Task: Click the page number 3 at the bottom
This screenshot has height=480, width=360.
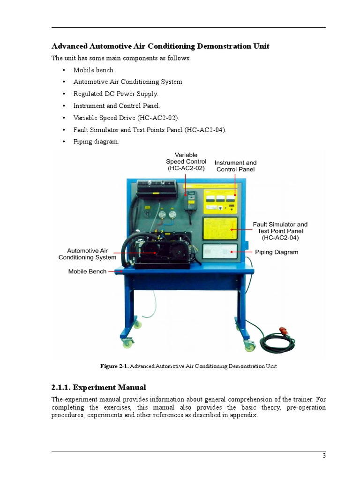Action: pyautogui.click(x=323, y=456)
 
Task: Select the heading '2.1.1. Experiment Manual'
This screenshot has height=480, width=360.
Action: pyautogui.click(x=98, y=388)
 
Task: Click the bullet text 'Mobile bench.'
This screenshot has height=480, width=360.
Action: pyautogui.click(x=94, y=70)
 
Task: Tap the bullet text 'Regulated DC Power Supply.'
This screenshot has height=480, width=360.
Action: pyautogui.click(x=115, y=94)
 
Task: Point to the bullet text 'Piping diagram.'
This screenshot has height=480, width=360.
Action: pyautogui.click(x=96, y=142)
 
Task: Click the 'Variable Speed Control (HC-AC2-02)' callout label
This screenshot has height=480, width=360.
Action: pyautogui.click(x=186, y=161)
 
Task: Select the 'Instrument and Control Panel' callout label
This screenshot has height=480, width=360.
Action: pyautogui.click(x=235, y=166)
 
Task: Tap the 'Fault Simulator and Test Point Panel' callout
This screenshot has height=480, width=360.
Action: pyautogui.click(x=280, y=231)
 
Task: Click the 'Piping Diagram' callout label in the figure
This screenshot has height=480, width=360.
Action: pyautogui.click(x=276, y=252)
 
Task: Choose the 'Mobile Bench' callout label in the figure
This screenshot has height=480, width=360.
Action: pyautogui.click(x=87, y=271)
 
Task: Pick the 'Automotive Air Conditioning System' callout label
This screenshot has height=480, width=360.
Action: pyautogui.click(x=87, y=254)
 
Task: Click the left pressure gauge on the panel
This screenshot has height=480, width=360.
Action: pyautogui.click(x=162, y=215)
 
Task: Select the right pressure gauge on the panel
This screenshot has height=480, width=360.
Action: pyautogui.click(x=172, y=215)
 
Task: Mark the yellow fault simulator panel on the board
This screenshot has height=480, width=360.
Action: pyautogui.click(x=220, y=229)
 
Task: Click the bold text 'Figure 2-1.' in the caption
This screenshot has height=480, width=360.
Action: pyautogui.click(x=114, y=366)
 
